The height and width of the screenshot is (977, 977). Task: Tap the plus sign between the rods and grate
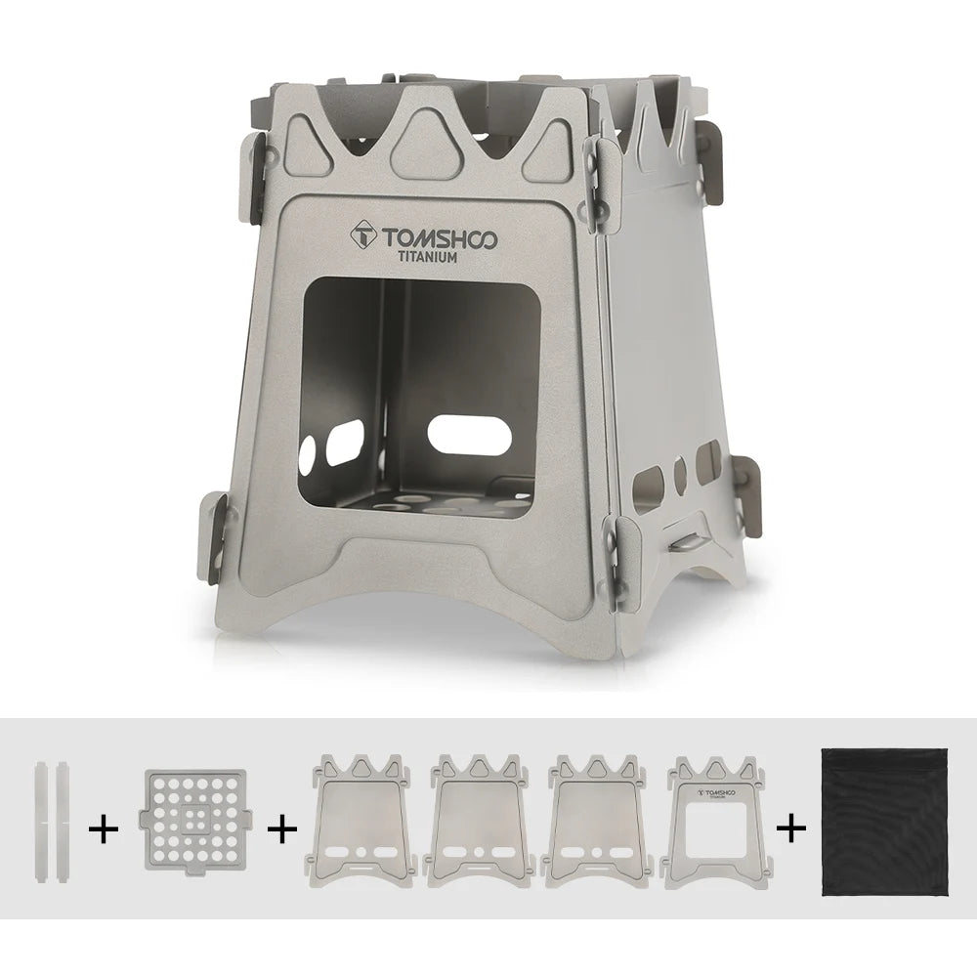104,830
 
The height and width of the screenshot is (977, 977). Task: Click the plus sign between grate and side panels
280,830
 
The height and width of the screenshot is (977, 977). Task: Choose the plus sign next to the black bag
791,830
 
